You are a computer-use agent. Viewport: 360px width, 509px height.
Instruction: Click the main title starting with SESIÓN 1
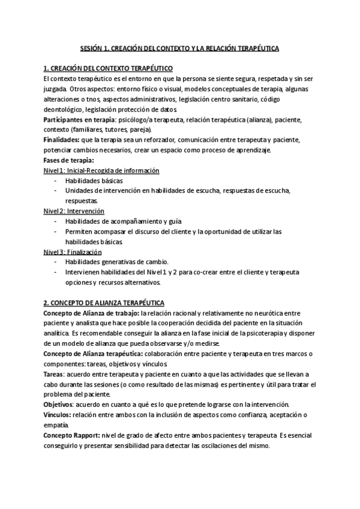pos(179,47)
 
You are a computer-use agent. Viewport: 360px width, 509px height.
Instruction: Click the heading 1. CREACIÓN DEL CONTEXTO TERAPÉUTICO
pos(109,68)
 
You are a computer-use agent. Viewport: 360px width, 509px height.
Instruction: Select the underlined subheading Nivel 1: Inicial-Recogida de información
pos(101,170)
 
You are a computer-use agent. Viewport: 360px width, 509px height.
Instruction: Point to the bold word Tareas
pos(55,374)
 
